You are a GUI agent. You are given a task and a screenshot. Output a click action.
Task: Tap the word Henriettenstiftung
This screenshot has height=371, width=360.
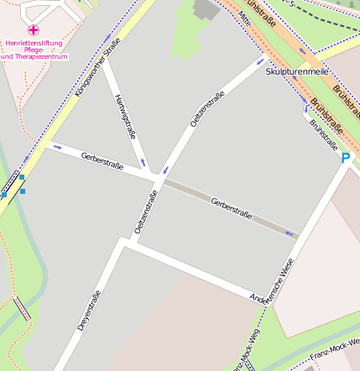coord(34,42)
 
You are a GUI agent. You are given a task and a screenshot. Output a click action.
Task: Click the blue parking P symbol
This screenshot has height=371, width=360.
coord(345,157)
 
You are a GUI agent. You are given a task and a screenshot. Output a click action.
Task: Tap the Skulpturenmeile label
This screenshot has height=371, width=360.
coord(296,72)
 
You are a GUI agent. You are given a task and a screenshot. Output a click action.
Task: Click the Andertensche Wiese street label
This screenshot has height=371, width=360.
coord(273,283)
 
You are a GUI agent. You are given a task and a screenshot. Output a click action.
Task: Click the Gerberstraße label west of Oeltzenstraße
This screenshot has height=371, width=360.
coord(102,160)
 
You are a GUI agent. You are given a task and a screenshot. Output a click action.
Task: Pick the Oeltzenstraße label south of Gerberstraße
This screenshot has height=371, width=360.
coord(145,212)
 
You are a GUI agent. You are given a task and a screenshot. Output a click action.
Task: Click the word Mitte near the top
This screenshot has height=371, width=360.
coord(244,17)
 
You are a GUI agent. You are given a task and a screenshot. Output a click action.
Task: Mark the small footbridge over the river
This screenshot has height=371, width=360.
coord(23,309)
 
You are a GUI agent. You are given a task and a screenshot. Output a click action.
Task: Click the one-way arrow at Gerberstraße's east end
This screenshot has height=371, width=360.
coord(290,233)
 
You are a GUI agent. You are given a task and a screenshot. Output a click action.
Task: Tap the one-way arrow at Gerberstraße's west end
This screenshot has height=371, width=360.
coord(58,147)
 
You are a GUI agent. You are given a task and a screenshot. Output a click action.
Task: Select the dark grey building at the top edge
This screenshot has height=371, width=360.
coord(205,8)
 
